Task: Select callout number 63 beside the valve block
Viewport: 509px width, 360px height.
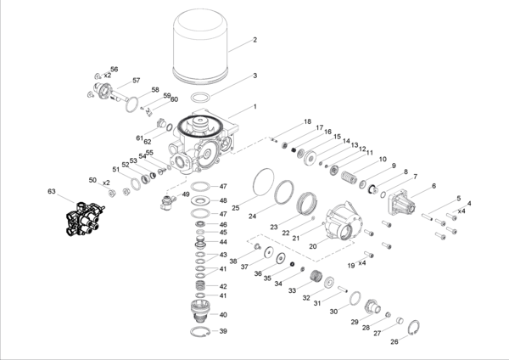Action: [52, 193]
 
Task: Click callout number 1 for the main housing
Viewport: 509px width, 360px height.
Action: [253, 108]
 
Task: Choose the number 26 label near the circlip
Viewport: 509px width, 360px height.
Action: [393, 343]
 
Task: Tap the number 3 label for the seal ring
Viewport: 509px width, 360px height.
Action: [254, 76]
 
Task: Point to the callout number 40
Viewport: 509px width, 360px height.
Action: [224, 314]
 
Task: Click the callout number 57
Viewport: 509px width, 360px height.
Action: [135, 81]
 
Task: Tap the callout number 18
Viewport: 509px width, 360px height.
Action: [308, 121]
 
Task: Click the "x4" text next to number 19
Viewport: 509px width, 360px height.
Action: [363, 263]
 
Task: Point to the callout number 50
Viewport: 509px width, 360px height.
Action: [92, 180]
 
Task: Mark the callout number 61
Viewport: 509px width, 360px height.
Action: [140, 138]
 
